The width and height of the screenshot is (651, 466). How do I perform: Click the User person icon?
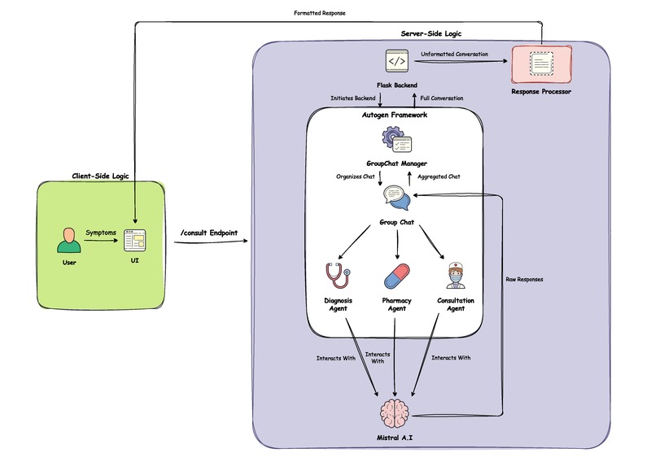click(69, 241)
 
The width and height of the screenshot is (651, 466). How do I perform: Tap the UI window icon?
click(134, 241)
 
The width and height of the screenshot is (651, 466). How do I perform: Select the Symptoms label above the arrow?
click(102, 233)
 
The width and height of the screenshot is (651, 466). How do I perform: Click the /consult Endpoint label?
click(208, 233)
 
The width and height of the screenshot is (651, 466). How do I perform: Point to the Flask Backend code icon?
click(397, 61)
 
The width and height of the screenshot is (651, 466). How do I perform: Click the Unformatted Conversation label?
click(454, 54)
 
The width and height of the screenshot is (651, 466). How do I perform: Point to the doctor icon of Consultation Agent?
click(456, 275)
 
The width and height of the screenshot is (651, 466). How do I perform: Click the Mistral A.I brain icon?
click(398, 414)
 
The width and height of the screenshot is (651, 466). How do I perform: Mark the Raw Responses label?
click(524, 279)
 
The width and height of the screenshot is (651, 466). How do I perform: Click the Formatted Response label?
click(319, 13)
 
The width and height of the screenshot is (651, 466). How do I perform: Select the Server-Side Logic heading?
click(432, 33)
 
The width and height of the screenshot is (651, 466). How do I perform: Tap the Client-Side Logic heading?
click(99, 176)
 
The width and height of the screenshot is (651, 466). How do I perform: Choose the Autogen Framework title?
click(395, 115)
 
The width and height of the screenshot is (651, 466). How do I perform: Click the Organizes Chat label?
click(355, 175)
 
